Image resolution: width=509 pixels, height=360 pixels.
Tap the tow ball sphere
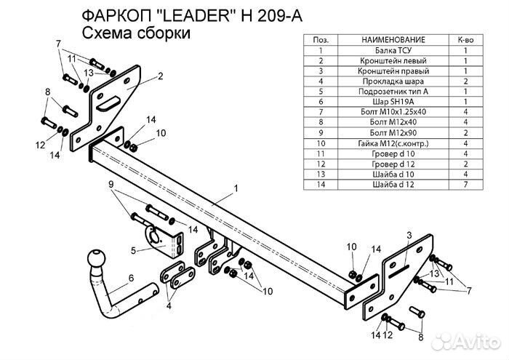[x=97, y=260]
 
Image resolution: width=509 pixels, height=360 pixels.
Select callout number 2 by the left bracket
[x=159, y=76]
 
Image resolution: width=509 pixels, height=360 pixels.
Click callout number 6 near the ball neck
[x=131, y=277]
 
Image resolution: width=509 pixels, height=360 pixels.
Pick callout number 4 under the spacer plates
[x=169, y=306]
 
